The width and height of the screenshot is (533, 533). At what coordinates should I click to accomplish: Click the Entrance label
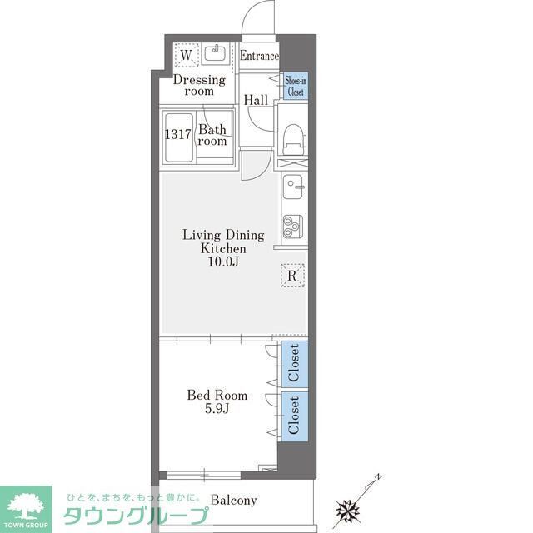point(259,57)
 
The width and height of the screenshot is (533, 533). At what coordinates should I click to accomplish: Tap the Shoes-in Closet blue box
point(294,87)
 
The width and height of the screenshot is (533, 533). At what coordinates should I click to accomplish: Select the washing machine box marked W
point(187,56)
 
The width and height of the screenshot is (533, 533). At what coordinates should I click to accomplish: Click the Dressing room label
point(199,86)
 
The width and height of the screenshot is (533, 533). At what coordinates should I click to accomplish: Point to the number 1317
point(177,133)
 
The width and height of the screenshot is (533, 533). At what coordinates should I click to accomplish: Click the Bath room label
point(212,135)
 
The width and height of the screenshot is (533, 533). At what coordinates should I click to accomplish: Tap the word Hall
point(256,100)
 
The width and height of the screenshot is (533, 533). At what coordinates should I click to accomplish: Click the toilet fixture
point(292,137)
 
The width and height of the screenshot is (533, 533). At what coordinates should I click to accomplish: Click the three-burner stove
point(292,225)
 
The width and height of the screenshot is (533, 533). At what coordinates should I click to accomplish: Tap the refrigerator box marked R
point(292,276)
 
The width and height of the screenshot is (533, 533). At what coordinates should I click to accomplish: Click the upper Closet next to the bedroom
point(293,363)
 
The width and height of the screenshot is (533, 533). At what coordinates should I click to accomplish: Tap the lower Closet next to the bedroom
point(293,415)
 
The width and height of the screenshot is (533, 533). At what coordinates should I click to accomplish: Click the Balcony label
point(233,501)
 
